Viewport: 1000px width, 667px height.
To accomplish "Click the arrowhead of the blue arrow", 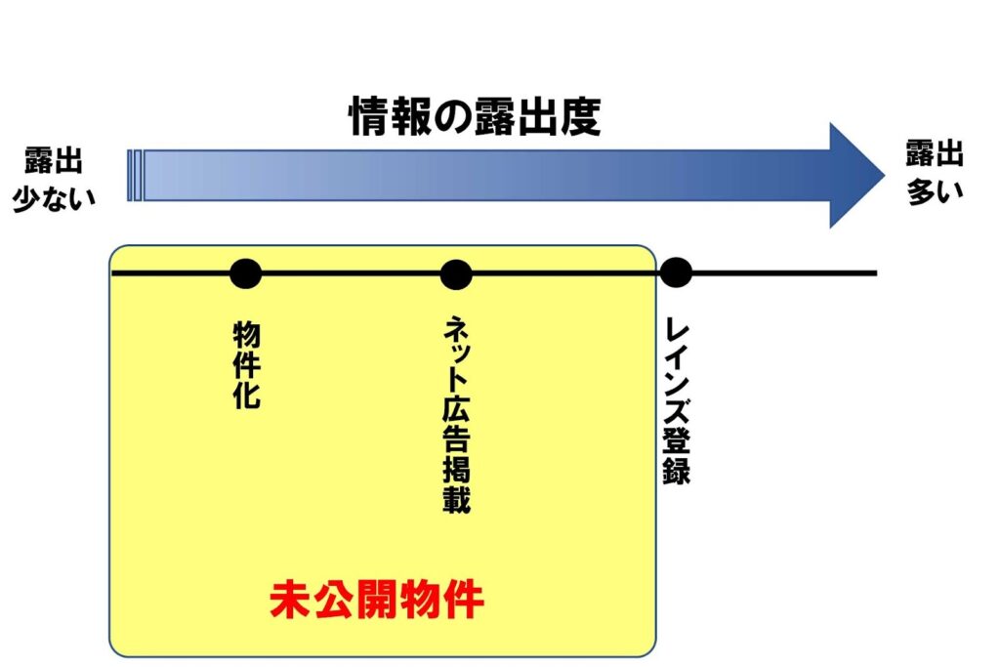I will [855, 175].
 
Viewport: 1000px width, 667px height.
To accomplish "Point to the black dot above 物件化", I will [245, 273].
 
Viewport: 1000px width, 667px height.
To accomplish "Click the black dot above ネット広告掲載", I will [456, 273].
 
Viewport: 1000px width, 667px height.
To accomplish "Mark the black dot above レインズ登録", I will [675, 273].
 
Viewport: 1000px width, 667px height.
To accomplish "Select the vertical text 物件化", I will [246, 365].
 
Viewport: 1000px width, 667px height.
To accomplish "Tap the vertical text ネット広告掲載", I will [455, 415].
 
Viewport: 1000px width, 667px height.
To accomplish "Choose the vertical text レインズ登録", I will [676, 400].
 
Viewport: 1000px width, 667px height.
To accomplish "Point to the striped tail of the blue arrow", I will [136, 175].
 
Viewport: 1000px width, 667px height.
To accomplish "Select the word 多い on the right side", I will [935, 189].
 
